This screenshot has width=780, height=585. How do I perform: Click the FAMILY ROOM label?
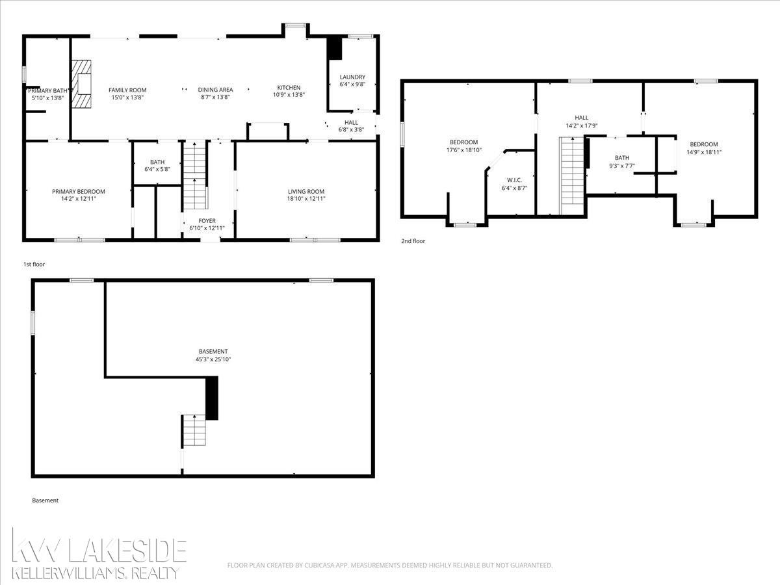point(127,90)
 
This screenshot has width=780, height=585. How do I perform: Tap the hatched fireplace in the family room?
point(81,84)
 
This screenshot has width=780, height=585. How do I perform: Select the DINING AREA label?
point(215,90)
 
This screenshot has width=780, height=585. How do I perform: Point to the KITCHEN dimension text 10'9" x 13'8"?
point(289,95)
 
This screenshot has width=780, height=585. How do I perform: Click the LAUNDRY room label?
point(352,77)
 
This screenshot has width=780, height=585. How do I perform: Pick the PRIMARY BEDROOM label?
point(79,192)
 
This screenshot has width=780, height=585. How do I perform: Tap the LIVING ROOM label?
point(306,192)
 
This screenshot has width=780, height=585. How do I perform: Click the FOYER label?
point(207,220)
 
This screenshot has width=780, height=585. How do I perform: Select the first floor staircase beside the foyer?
point(195,175)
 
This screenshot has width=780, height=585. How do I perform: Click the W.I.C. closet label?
point(514,180)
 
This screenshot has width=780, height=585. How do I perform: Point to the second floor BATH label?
point(622,158)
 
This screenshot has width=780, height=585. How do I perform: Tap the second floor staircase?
point(572,175)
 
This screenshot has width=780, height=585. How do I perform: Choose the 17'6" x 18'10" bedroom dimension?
point(463,150)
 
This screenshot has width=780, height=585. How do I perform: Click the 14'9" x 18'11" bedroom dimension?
point(703,152)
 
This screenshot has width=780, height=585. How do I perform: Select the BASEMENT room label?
point(213,351)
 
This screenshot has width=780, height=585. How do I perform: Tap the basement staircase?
point(194,430)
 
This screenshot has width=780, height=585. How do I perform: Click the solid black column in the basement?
point(212,398)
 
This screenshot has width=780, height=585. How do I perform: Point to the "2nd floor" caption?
point(413,240)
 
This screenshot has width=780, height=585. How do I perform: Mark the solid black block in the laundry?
point(334,48)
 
